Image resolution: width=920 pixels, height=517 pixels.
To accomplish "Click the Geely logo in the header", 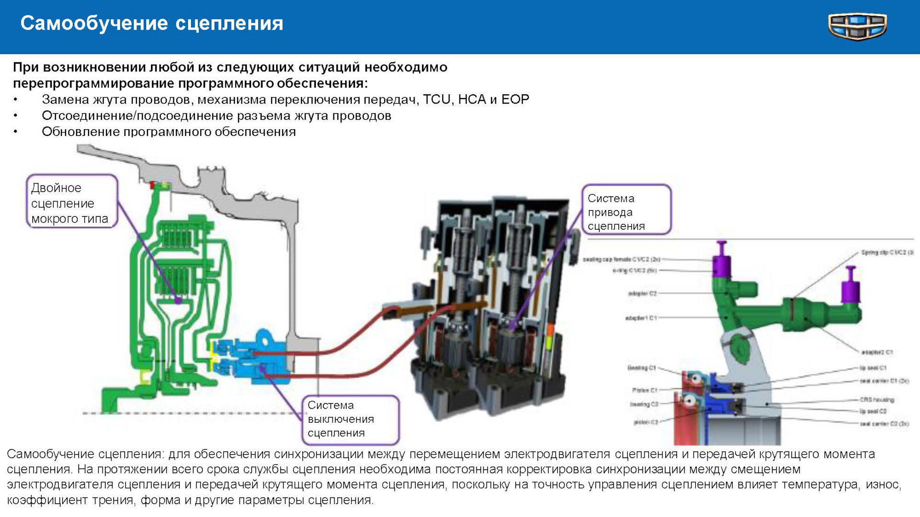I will point(857,26).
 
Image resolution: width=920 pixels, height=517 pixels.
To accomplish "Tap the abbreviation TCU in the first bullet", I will point(437,99).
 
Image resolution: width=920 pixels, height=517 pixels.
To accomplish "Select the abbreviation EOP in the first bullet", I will point(515,99).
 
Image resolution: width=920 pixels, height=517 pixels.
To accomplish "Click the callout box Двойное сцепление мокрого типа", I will point(72,201).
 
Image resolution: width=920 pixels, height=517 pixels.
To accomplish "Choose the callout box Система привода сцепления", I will point(626,210).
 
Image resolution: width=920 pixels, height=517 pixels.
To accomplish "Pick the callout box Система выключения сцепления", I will point(350,419).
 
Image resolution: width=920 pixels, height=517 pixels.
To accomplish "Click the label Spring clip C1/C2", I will point(886,252).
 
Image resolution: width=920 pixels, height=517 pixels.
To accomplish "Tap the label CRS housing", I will point(876,399).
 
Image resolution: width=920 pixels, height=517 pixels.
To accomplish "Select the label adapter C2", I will point(642,293).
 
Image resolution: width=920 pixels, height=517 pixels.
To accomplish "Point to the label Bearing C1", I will point(641,368).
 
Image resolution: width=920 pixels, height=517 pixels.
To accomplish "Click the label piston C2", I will point(645,422).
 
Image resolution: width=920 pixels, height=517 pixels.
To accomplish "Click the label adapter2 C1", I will point(877,352).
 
